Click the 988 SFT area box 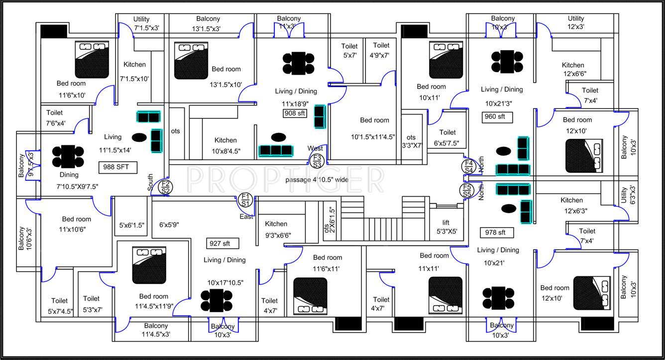[117, 167]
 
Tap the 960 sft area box [498, 117]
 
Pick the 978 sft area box [495, 233]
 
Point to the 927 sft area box [222, 243]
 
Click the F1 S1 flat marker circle [245, 200]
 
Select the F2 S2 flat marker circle [166, 187]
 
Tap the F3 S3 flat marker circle [317, 160]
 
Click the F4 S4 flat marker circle [468, 166]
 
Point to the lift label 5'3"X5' [446, 227]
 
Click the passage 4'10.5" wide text [317, 179]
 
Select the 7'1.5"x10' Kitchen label [134, 71]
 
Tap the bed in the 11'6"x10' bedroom [92, 58]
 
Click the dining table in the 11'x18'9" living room [299, 63]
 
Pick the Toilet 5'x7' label [349, 51]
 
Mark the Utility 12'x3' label [576, 23]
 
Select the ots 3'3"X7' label [411, 141]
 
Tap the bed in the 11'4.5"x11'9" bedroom [149, 265]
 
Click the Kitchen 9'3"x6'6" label [277, 230]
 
